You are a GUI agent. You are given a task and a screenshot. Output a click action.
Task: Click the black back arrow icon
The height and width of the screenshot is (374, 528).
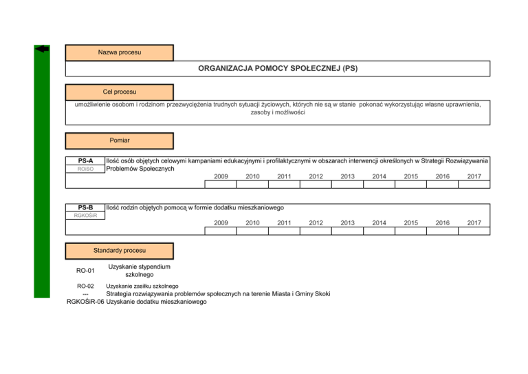tap(42, 49)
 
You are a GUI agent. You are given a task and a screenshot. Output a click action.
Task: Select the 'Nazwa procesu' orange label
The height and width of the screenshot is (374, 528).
tap(119, 52)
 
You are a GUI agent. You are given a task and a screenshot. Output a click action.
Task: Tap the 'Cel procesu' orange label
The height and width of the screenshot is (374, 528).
tap(119, 92)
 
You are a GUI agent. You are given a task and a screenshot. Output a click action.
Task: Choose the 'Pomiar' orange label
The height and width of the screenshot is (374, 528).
tap(119, 141)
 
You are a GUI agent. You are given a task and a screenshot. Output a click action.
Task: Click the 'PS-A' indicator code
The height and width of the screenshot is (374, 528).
tap(85, 160)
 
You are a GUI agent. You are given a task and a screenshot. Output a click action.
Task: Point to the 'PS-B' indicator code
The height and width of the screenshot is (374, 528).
tap(85, 207)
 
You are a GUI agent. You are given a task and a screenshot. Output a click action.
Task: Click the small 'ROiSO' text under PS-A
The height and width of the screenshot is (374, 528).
tap(85, 169)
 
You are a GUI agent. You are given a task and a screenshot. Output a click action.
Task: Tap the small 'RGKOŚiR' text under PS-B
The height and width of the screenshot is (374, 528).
tap(85, 216)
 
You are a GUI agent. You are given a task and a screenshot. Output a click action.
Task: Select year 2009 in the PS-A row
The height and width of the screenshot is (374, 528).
tap(221, 176)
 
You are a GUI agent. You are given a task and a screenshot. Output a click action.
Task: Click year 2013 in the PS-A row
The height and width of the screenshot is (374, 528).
tap(347, 176)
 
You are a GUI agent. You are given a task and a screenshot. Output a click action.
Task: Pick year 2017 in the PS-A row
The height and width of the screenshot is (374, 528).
tap(474, 176)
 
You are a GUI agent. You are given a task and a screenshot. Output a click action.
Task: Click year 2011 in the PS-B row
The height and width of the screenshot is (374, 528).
tap(284, 223)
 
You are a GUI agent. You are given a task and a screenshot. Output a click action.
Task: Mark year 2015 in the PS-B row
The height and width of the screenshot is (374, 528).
tap(410, 223)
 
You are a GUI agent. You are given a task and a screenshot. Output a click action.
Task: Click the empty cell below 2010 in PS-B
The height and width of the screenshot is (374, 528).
tap(252, 231)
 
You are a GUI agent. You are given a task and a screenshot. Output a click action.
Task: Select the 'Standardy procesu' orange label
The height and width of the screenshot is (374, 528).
tap(119, 251)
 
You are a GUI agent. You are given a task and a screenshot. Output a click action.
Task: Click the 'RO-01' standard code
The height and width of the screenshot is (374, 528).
tap(85, 271)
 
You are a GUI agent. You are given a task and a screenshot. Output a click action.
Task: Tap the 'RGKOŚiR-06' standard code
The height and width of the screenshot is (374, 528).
tap(85, 301)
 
